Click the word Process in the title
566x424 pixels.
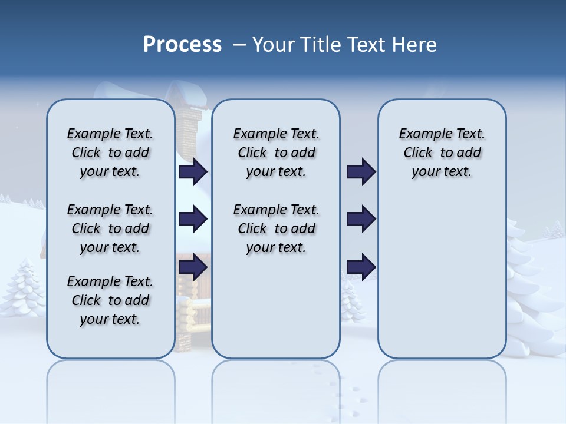click(182, 45)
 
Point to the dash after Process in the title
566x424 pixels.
click(239, 45)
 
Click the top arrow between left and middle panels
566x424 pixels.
click(193, 172)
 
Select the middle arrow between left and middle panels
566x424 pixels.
click(193, 220)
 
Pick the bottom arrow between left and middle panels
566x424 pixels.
click(193, 267)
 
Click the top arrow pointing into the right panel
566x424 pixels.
click(361, 172)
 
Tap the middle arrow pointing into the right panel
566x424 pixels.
click(361, 220)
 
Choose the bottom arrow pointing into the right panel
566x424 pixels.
click(361, 267)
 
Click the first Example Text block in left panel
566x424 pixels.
click(110, 153)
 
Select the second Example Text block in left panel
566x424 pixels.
click(110, 228)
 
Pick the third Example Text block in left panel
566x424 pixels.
click(110, 300)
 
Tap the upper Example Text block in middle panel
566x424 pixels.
click(276, 153)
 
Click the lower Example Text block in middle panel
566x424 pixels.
click(276, 228)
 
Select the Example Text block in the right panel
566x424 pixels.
click(442, 153)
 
